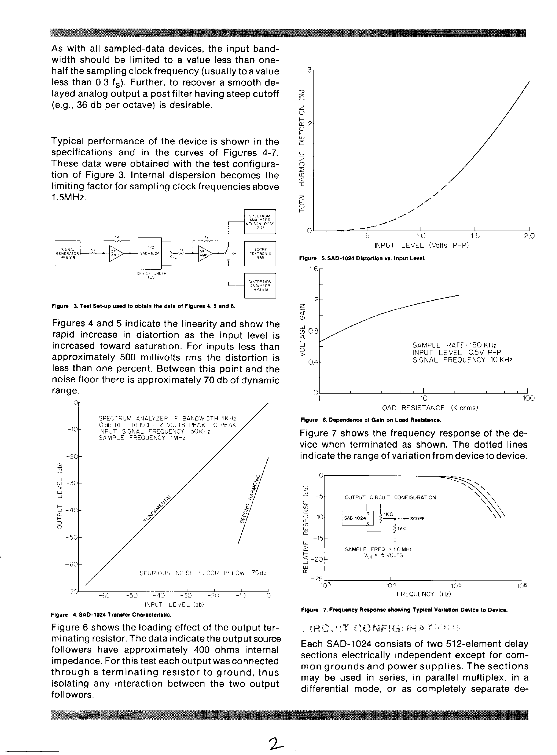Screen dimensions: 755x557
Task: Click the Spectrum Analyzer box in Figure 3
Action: click(260, 222)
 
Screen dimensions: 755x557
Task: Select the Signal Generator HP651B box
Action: click(67, 253)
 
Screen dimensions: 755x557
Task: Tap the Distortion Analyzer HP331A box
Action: click(260, 286)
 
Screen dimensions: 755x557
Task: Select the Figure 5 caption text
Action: click(362, 258)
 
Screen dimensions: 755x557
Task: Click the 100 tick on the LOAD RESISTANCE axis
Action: click(528, 398)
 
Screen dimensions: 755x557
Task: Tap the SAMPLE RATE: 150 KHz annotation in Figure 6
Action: click(454, 345)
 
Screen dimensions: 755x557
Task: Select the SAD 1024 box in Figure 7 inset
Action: click(355, 518)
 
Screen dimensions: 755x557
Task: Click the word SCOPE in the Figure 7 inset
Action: click(417, 519)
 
